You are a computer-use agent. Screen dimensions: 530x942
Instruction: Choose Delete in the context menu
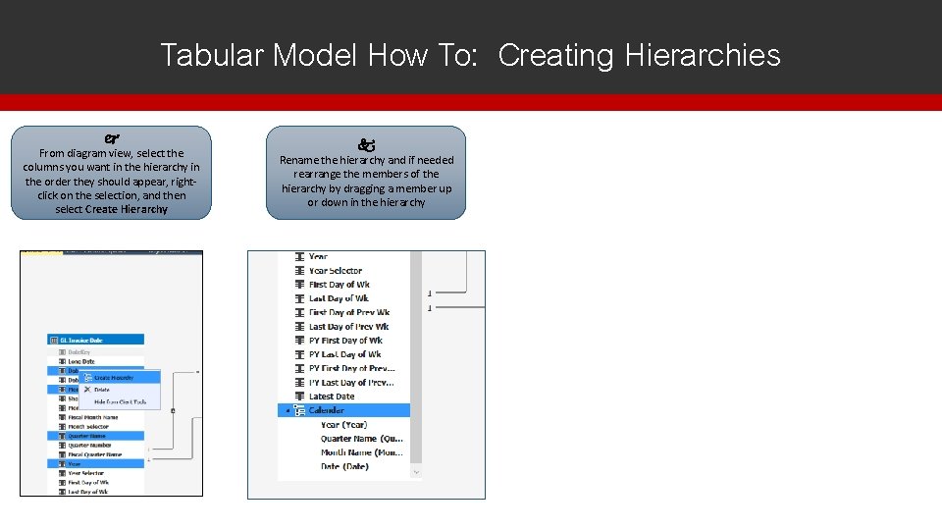pos(102,390)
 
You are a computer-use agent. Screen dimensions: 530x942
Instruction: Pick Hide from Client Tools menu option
pos(120,401)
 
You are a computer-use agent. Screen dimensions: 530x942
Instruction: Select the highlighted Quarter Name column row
pos(89,436)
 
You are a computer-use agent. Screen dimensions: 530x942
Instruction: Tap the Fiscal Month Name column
pos(92,417)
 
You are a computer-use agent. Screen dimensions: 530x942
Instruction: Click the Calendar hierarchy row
pos(327,410)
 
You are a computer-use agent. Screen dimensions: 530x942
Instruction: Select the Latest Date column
pos(332,397)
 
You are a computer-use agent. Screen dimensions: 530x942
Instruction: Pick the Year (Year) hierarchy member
pos(343,425)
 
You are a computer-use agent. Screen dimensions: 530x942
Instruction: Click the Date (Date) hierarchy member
pos(344,466)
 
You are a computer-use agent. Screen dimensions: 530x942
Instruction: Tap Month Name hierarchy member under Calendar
pos(361,452)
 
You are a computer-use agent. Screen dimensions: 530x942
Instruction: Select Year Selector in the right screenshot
pos(336,271)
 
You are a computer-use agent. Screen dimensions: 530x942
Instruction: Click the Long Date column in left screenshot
pos(81,361)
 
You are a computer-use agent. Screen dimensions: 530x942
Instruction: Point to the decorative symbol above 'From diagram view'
pos(111,138)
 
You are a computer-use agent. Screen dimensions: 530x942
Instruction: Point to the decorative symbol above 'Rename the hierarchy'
pos(366,143)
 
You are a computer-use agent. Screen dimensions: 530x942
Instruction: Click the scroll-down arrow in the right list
pos(416,472)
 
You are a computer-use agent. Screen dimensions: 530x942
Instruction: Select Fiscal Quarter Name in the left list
pos(94,454)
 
